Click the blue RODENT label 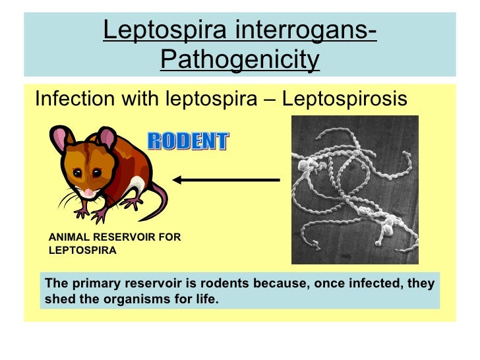pyautogui.click(x=187, y=141)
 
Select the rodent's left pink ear pyautogui.click(x=61, y=138)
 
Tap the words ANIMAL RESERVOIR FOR pyautogui.click(x=115, y=237)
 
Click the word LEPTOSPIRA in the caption pyautogui.click(x=82, y=251)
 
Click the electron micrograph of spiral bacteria pyautogui.click(x=355, y=189)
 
